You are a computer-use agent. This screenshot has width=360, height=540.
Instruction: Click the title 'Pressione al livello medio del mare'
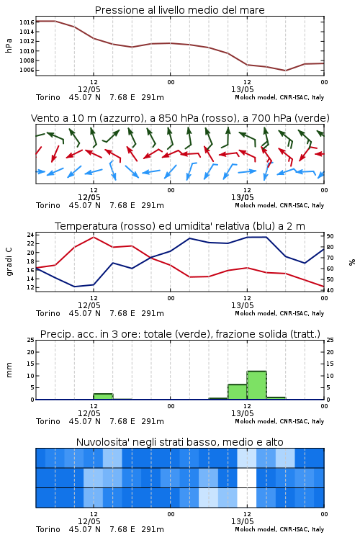tap(179, 10)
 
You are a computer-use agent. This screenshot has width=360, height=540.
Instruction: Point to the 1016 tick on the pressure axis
tap(27, 22)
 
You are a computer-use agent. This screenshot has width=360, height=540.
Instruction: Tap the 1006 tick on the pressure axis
tap(27, 70)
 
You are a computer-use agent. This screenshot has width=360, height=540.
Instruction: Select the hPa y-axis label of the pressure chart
tap(9, 45)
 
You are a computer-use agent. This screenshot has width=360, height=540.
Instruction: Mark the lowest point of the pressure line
tap(285, 71)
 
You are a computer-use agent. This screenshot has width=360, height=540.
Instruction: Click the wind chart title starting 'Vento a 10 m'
tap(180, 118)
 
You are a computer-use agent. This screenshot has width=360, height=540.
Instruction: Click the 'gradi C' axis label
tap(9, 261)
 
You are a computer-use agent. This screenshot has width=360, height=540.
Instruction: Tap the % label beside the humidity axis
tap(352, 262)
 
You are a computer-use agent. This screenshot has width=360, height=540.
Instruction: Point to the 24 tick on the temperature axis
tap(30, 235)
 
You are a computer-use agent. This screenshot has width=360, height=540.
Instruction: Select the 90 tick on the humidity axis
tap(330, 236)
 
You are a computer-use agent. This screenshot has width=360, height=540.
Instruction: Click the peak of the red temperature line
tap(94, 237)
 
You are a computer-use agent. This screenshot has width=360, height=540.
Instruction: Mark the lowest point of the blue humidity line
tap(74, 287)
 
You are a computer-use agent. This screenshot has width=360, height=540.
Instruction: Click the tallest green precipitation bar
tap(256, 385)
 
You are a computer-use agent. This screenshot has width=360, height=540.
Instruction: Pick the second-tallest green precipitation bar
tap(238, 392)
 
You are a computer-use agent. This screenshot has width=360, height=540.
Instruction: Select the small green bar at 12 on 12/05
tap(103, 397)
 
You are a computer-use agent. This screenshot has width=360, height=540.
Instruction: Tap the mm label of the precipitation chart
tap(9, 370)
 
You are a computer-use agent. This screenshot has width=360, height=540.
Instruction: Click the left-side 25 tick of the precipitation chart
tap(30, 340)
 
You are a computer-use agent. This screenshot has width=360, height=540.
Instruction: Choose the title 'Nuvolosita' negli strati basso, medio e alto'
tap(180, 442)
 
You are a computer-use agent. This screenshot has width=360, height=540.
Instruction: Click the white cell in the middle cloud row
tap(247, 477)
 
